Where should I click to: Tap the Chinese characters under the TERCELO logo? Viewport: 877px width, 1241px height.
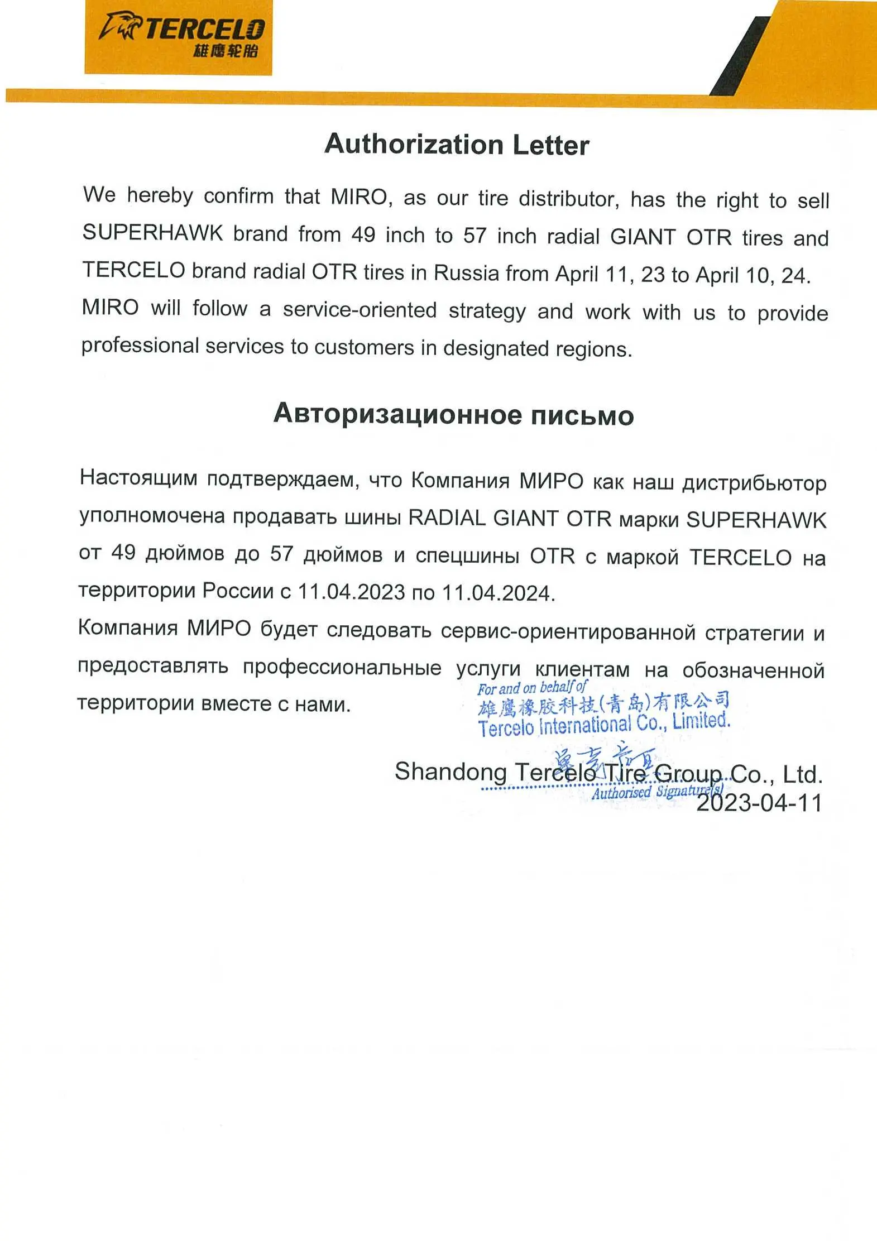coord(226,51)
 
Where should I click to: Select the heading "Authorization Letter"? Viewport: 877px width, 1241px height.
coord(457,145)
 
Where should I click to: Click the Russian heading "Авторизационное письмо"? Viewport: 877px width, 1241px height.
coord(453,415)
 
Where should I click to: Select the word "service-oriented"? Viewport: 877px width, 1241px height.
coord(360,310)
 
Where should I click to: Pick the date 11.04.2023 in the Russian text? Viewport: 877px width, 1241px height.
coord(351,592)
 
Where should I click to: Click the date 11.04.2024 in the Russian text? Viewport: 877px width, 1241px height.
coord(498,593)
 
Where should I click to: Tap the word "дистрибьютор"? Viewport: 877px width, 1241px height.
coord(754,483)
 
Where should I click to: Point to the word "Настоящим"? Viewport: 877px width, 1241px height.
coord(138,478)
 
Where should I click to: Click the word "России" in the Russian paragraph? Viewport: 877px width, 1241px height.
coord(237,591)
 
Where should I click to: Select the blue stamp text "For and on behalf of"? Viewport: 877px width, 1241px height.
coord(531,688)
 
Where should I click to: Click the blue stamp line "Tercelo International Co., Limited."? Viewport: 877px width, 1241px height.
coord(604,725)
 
